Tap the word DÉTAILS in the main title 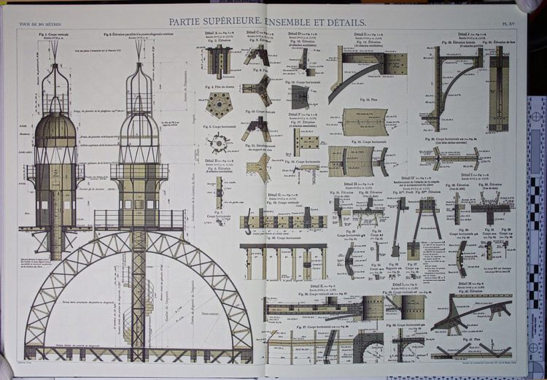coord(342,23)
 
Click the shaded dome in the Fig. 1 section coord(55,131)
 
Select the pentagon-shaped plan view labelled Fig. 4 coord(218,105)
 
